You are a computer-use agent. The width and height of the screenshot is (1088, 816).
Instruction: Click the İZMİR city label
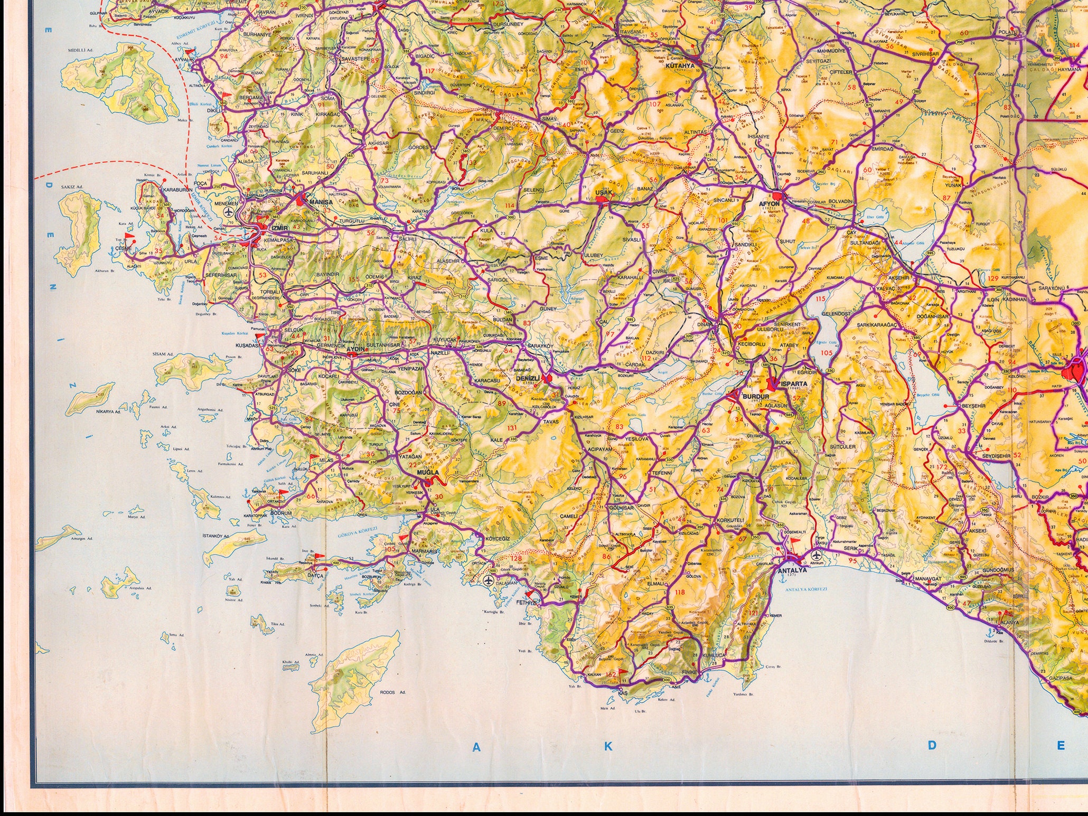(x=279, y=228)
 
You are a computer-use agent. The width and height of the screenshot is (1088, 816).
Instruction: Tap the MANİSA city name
(x=321, y=202)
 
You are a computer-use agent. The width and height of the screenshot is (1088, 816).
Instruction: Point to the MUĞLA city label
(x=428, y=473)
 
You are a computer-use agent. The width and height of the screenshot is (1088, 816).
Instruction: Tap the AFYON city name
(x=770, y=203)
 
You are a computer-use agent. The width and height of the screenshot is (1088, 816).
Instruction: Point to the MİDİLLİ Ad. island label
(x=80, y=51)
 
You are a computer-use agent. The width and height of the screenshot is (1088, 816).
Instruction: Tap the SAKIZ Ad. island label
(x=72, y=187)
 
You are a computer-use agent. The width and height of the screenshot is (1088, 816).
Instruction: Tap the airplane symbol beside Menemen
(x=229, y=212)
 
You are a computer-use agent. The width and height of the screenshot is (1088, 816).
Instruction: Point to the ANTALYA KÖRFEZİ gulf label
(x=806, y=589)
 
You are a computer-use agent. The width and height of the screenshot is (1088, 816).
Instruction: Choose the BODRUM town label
(x=280, y=513)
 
